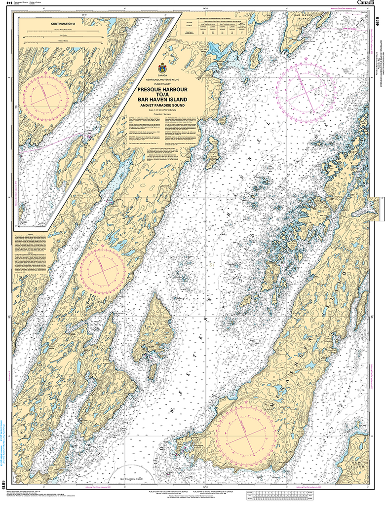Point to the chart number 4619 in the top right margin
click(378, 23)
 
